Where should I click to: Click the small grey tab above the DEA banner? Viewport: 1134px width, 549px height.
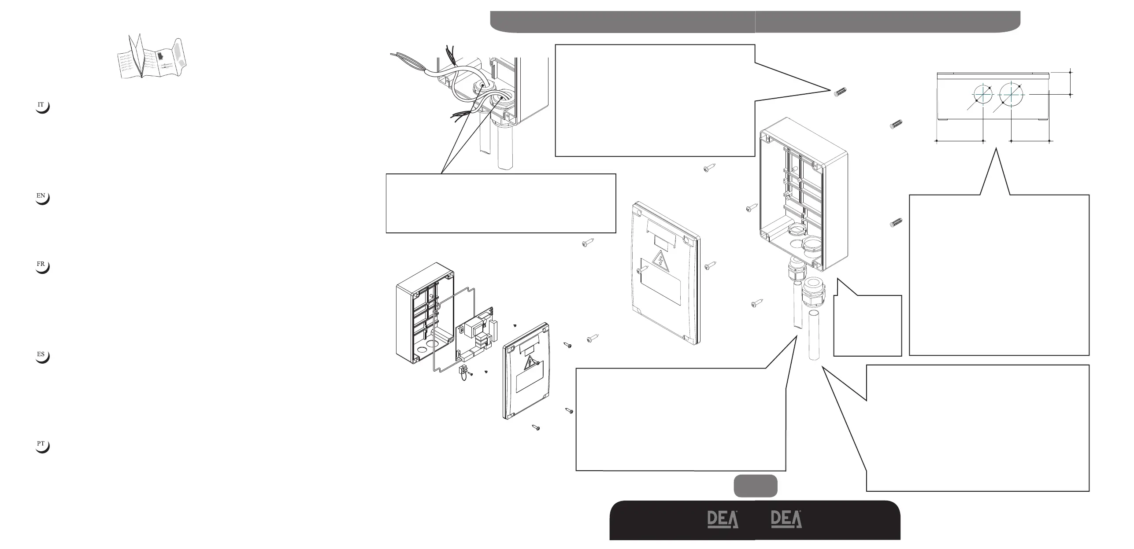click(755, 486)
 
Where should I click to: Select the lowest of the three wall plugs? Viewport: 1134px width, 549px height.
click(897, 223)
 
